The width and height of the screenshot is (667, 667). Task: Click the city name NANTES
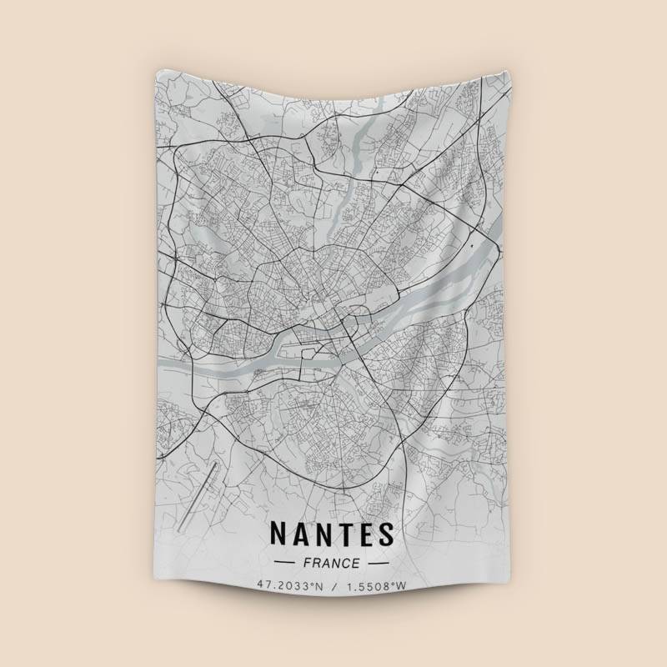[x=331, y=534]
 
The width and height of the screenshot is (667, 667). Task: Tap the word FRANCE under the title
[x=332, y=564]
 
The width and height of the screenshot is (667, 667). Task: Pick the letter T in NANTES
[x=344, y=534]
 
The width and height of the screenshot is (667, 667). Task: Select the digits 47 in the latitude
[x=263, y=586]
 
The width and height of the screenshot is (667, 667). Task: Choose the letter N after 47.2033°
[x=318, y=586]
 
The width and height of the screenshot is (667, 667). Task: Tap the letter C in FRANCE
[x=348, y=564]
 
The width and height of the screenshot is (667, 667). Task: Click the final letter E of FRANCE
[x=358, y=564]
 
